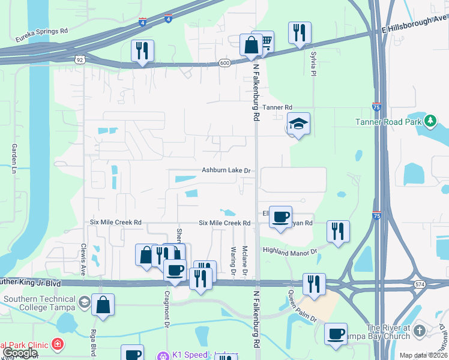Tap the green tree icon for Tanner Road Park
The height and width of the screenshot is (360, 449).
point(430,121)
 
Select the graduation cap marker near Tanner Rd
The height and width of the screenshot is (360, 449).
point(298,124)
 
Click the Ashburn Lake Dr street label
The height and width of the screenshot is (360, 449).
point(226,171)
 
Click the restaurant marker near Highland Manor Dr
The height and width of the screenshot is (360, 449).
point(338,231)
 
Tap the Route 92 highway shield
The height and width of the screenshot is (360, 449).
point(79,59)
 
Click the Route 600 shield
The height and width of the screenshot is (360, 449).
point(224,62)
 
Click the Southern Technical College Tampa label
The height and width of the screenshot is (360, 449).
point(40,303)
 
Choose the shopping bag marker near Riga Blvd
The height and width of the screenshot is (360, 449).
point(103,304)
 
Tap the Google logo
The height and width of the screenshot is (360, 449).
point(19,353)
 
